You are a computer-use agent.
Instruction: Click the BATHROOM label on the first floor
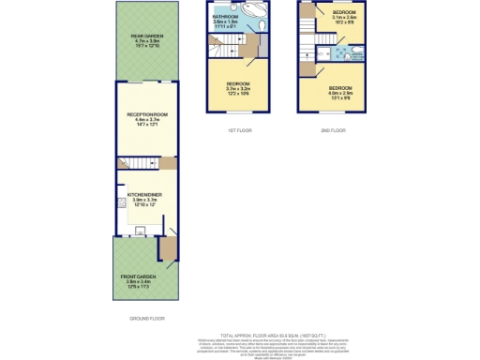click(x=224, y=17)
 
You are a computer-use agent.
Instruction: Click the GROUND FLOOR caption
click(x=144, y=319)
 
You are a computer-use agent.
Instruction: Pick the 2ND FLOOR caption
click(x=333, y=130)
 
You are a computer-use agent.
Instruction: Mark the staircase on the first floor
click(x=225, y=44)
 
